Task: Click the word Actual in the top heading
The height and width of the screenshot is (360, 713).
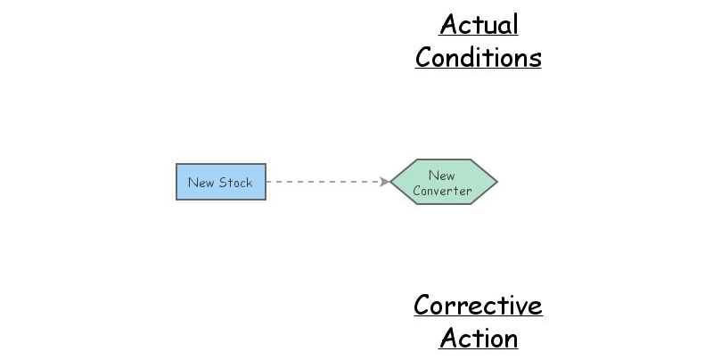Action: click(479, 25)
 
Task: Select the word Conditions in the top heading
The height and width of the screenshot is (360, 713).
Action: click(479, 58)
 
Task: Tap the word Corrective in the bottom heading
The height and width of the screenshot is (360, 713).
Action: click(478, 306)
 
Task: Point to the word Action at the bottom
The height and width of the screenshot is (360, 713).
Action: click(479, 339)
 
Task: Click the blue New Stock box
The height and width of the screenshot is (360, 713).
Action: click(220, 182)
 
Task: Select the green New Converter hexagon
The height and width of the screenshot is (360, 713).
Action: click(443, 182)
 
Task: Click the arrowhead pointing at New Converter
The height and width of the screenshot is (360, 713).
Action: click(384, 182)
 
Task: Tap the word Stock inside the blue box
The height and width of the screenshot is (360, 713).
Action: click(236, 183)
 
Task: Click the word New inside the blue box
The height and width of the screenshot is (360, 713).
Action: click(201, 183)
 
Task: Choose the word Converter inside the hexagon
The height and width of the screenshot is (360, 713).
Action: click(442, 191)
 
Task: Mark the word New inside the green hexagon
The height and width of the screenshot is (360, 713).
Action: click(441, 176)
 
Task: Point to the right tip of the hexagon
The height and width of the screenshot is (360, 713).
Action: click(496, 182)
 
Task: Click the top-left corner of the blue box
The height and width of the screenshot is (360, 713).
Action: click(176, 165)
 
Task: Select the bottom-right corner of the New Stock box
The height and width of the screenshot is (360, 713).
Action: click(265, 199)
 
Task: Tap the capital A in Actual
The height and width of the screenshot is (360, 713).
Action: click(448, 25)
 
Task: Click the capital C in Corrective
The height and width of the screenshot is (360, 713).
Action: click(423, 306)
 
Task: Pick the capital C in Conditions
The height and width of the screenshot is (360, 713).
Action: click(425, 58)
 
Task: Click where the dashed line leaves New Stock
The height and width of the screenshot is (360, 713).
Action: click(266, 182)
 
